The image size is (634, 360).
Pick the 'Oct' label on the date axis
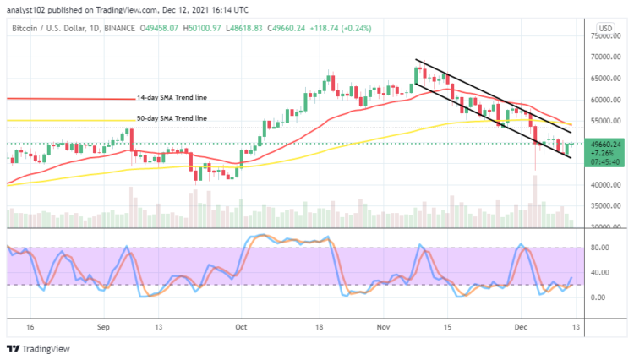(240, 325)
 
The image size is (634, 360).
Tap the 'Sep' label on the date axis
(104, 325)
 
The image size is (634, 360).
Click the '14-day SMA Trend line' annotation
(172, 97)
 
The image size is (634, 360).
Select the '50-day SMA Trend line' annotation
(172, 118)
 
